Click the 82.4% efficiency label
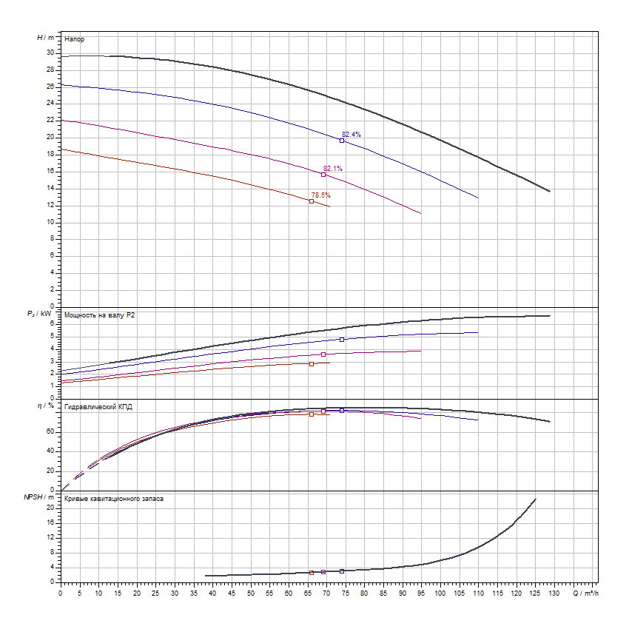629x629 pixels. coord(351,134)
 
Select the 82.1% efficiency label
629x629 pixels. coord(333,169)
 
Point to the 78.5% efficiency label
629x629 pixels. coord(320,195)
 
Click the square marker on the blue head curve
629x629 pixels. coord(342,141)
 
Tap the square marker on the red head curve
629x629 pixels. coord(312,201)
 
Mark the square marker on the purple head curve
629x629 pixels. coord(323,175)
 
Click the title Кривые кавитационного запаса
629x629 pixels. coord(114,499)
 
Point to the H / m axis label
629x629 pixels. coord(45,37)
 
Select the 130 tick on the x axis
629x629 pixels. coord(554,593)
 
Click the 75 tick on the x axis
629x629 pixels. coord(346,593)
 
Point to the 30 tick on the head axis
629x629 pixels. coord(50,53)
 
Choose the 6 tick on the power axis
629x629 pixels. coord(52,323)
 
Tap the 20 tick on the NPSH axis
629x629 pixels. coord(50,508)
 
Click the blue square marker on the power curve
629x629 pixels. coord(342,340)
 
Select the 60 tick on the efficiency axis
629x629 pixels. coord(50,431)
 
